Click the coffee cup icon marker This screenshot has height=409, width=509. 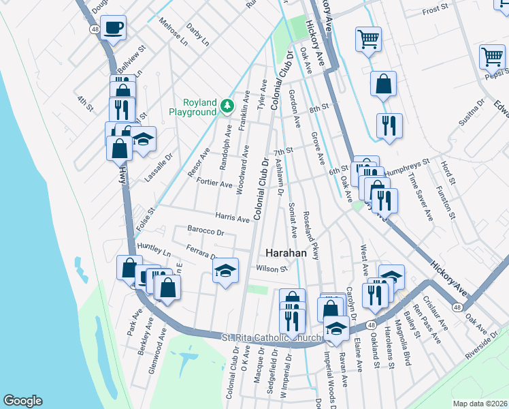coord(115,28)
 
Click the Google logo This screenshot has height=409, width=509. coord(22,401)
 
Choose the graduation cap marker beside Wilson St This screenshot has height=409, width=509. coord(226,271)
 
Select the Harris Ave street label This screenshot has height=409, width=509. coord(233,219)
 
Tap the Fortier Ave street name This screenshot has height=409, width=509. coord(214,183)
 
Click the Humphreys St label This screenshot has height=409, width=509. coord(407,167)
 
